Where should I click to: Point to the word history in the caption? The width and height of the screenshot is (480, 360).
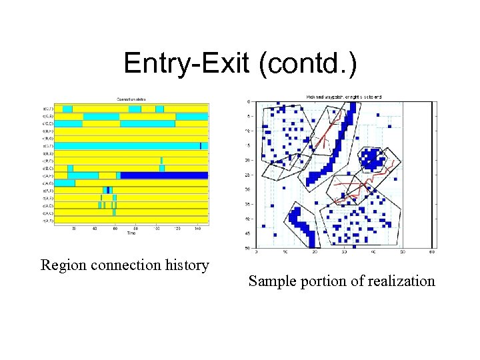pyautogui.click(x=185, y=266)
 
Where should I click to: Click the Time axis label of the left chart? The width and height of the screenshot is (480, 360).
pyautogui.click(x=131, y=233)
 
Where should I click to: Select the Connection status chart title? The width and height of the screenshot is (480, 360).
pyautogui.click(x=132, y=99)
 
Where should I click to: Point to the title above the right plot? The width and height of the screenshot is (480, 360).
pyautogui.click(x=343, y=97)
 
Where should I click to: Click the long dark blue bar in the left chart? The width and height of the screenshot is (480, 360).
pyautogui.click(x=164, y=175)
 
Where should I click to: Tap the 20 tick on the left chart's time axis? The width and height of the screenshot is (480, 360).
pyautogui.click(x=74, y=229)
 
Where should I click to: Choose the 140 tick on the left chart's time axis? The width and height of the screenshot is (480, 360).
pyautogui.click(x=198, y=229)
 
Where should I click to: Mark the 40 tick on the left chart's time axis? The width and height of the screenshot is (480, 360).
pyautogui.click(x=95, y=229)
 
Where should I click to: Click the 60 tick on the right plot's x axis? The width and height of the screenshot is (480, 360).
pyautogui.click(x=432, y=252)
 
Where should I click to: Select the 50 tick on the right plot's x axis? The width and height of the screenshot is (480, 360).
pyautogui.click(x=403, y=252)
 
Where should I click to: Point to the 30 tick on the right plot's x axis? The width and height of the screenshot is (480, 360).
pyautogui.click(x=345, y=252)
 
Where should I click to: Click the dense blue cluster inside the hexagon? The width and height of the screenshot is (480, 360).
pyautogui.click(x=372, y=159)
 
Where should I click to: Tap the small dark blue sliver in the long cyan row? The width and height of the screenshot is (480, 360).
pyautogui.click(x=201, y=145)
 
